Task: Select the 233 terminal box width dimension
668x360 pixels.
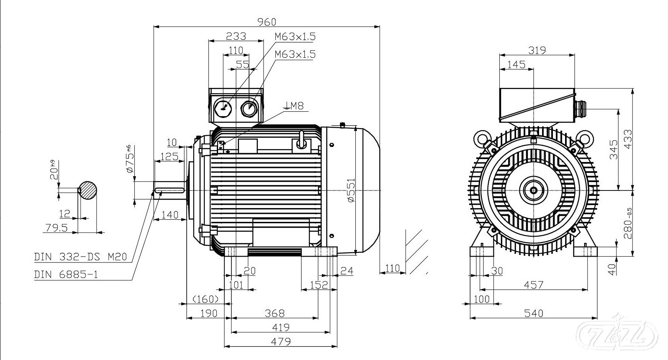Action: point(236,36)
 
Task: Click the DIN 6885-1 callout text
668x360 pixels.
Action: point(69,275)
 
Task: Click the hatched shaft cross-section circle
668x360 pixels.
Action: point(88,190)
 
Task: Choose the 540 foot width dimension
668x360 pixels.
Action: point(533,313)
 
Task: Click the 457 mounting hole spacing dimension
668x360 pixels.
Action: point(533,285)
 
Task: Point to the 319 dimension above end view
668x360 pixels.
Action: point(537,50)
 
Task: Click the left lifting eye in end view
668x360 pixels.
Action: point(481,137)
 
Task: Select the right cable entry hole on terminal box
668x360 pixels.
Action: point(249,108)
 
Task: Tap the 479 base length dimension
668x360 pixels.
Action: point(280,342)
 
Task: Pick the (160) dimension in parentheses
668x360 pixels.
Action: point(206,299)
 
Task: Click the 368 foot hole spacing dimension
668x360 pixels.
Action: point(275,313)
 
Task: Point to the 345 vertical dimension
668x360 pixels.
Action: point(613,149)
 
